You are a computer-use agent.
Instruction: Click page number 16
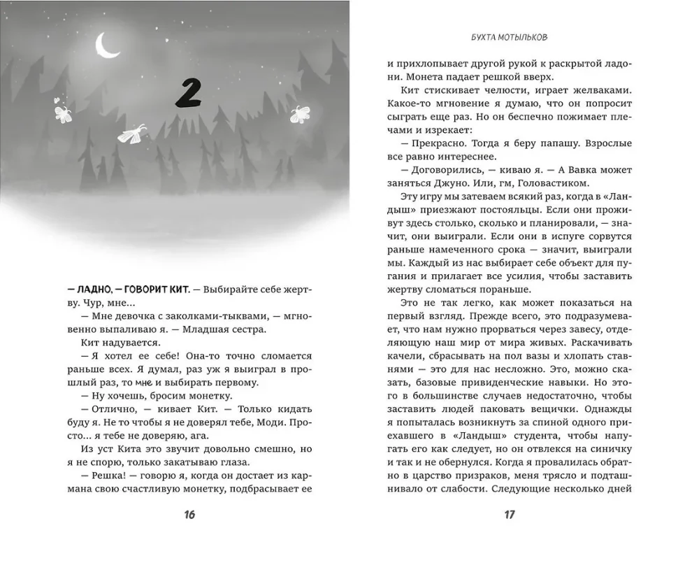(189, 515)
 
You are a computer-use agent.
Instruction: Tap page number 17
(509, 515)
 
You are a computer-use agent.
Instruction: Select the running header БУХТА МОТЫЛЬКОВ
(509, 40)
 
